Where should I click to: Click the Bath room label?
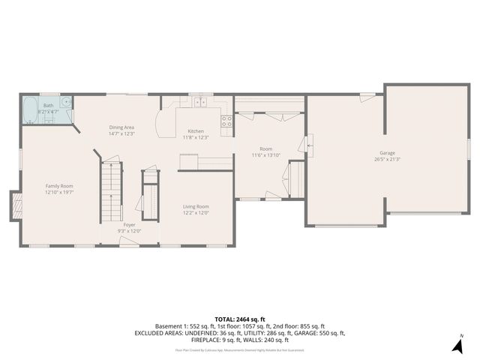tap(48, 106)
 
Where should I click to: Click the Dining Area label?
tap(121, 128)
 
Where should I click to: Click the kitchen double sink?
tap(200, 103)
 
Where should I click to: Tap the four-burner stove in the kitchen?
tap(226, 121)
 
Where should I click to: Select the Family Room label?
tap(59, 185)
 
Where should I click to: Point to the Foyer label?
tap(130, 224)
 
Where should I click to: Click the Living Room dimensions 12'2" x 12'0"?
tap(196, 212)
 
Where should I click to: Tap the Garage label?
tap(386, 153)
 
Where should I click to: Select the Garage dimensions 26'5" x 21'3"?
tap(386, 159)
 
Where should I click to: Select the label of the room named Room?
tap(265, 149)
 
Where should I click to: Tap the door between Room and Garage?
tap(307, 143)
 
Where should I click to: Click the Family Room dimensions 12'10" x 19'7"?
tap(59, 192)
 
